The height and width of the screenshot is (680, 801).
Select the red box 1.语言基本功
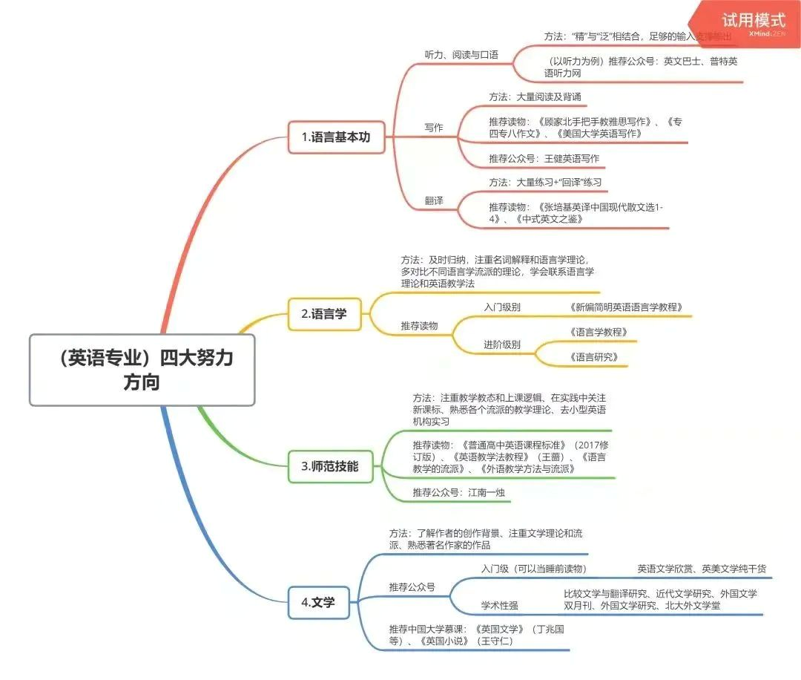[x=336, y=137]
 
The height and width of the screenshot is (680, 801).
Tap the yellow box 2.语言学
[x=324, y=314]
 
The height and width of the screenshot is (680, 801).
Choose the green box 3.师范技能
[x=330, y=466]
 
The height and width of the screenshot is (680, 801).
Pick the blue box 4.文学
[x=318, y=603]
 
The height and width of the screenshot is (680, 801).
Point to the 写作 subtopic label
[x=434, y=128]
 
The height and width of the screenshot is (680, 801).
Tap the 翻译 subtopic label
[x=434, y=200]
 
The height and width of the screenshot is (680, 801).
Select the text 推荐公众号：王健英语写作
[x=544, y=158]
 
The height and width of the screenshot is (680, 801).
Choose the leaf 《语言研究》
[x=593, y=357]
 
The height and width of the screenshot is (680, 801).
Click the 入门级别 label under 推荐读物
[x=502, y=307]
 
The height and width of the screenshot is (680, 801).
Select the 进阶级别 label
[x=502, y=344]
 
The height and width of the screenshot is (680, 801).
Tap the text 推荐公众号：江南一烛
[x=460, y=492]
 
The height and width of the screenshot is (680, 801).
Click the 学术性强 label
[x=500, y=605]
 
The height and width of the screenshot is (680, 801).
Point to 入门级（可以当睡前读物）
[x=534, y=569]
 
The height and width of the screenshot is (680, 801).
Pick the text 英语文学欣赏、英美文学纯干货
[x=702, y=569]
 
